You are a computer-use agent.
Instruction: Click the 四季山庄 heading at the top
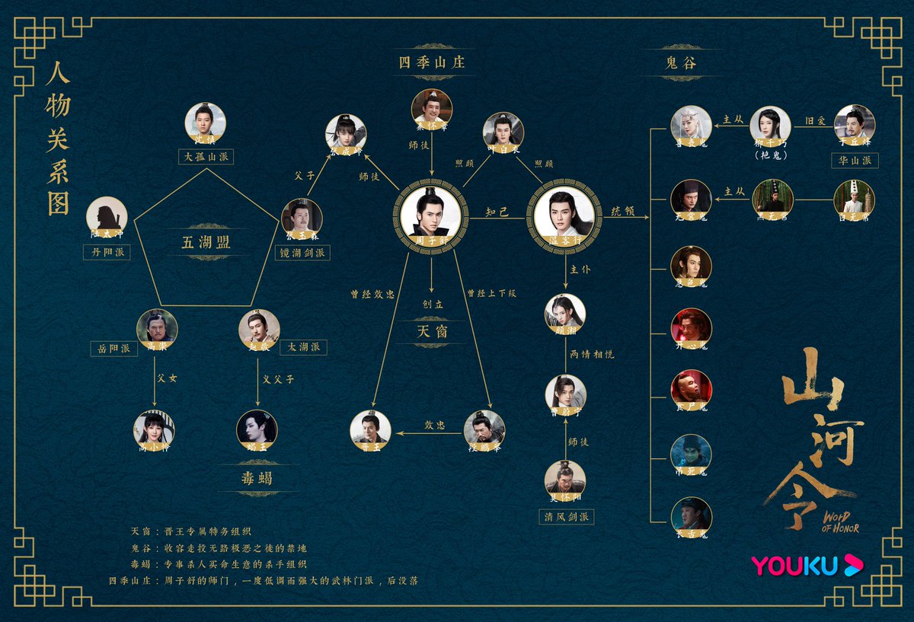pyautogui.click(x=432, y=62)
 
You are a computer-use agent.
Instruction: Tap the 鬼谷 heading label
pyautogui.click(x=681, y=63)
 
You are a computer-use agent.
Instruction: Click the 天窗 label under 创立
pyautogui.click(x=432, y=330)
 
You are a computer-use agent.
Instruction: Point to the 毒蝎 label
pyautogui.click(x=258, y=478)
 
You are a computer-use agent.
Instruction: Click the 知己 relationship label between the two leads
pyautogui.click(x=497, y=212)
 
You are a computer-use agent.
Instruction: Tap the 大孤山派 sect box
pyautogui.click(x=206, y=157)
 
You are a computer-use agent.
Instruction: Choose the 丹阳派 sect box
pyautogui.click(x=107, y=252)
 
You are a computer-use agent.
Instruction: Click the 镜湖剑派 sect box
pyautogui.click(x=302, y=252)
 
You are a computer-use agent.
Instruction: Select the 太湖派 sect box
pyautogui.click(x=303, y=347)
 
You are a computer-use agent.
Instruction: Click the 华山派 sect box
pyautogui.click(x=855, y=160)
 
